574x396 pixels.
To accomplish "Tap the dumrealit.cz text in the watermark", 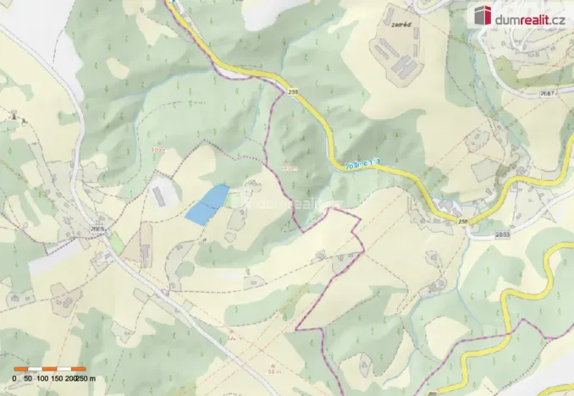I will [532, 16].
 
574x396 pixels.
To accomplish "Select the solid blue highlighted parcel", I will [207, 205].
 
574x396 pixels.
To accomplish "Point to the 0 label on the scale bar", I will [14, 378].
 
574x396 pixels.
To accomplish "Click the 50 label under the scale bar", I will [28, 378].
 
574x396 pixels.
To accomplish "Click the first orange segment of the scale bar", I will [21, 370].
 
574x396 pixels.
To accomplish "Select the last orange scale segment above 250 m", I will [79, 370].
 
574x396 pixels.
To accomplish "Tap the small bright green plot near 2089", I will [117, 244].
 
